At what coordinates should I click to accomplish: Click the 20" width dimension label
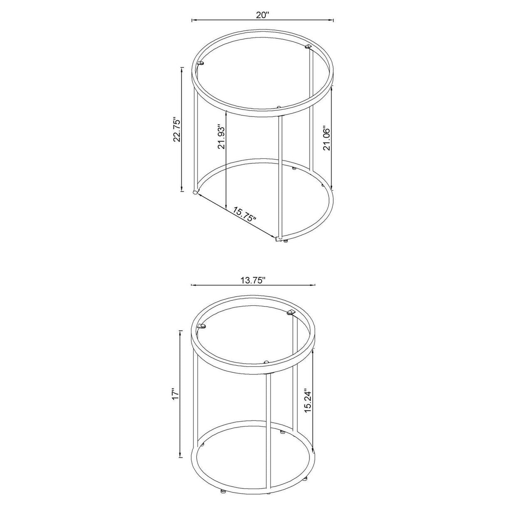(x=262, y=15)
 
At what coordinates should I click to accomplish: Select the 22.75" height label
(x=178, y=129)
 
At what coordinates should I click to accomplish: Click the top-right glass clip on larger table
(x=308, y=46)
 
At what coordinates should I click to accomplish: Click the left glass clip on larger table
(x=201, y=64)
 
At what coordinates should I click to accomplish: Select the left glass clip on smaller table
(x=202, y=326)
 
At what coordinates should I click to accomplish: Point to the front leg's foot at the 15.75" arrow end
(x=278, y=239)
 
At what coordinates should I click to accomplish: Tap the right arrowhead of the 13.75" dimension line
(x=314, y=285)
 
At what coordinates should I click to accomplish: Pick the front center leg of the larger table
(x=280, y=175)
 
